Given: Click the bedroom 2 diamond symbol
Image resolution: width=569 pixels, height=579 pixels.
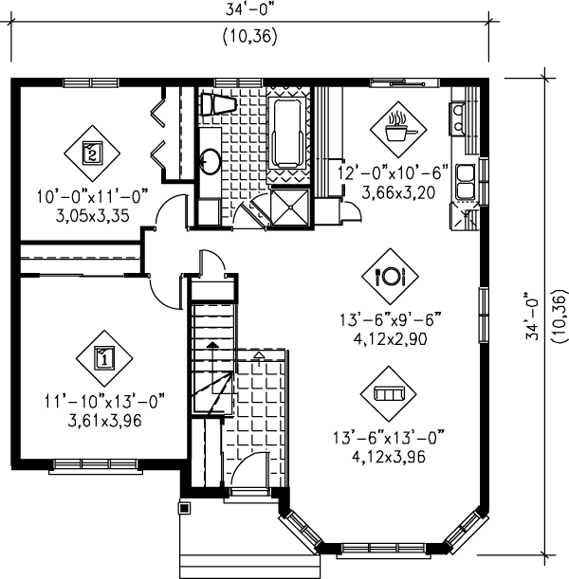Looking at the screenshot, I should click(x=92, y=153).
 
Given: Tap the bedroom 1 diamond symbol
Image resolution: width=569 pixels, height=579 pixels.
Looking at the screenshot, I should click(x=103, y=357).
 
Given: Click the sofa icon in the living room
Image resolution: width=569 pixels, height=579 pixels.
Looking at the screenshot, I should click(x=390, y=392).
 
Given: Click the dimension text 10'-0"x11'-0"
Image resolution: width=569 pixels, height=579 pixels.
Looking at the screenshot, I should click(x=93, y=198).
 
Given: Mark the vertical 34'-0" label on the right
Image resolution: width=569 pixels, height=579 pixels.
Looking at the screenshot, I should click(x=536, y=316).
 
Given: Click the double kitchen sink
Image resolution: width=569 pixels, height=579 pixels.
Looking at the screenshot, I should click(x=466, y=181).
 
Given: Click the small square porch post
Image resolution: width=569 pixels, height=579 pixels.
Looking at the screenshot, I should click(x=184, y=509).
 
